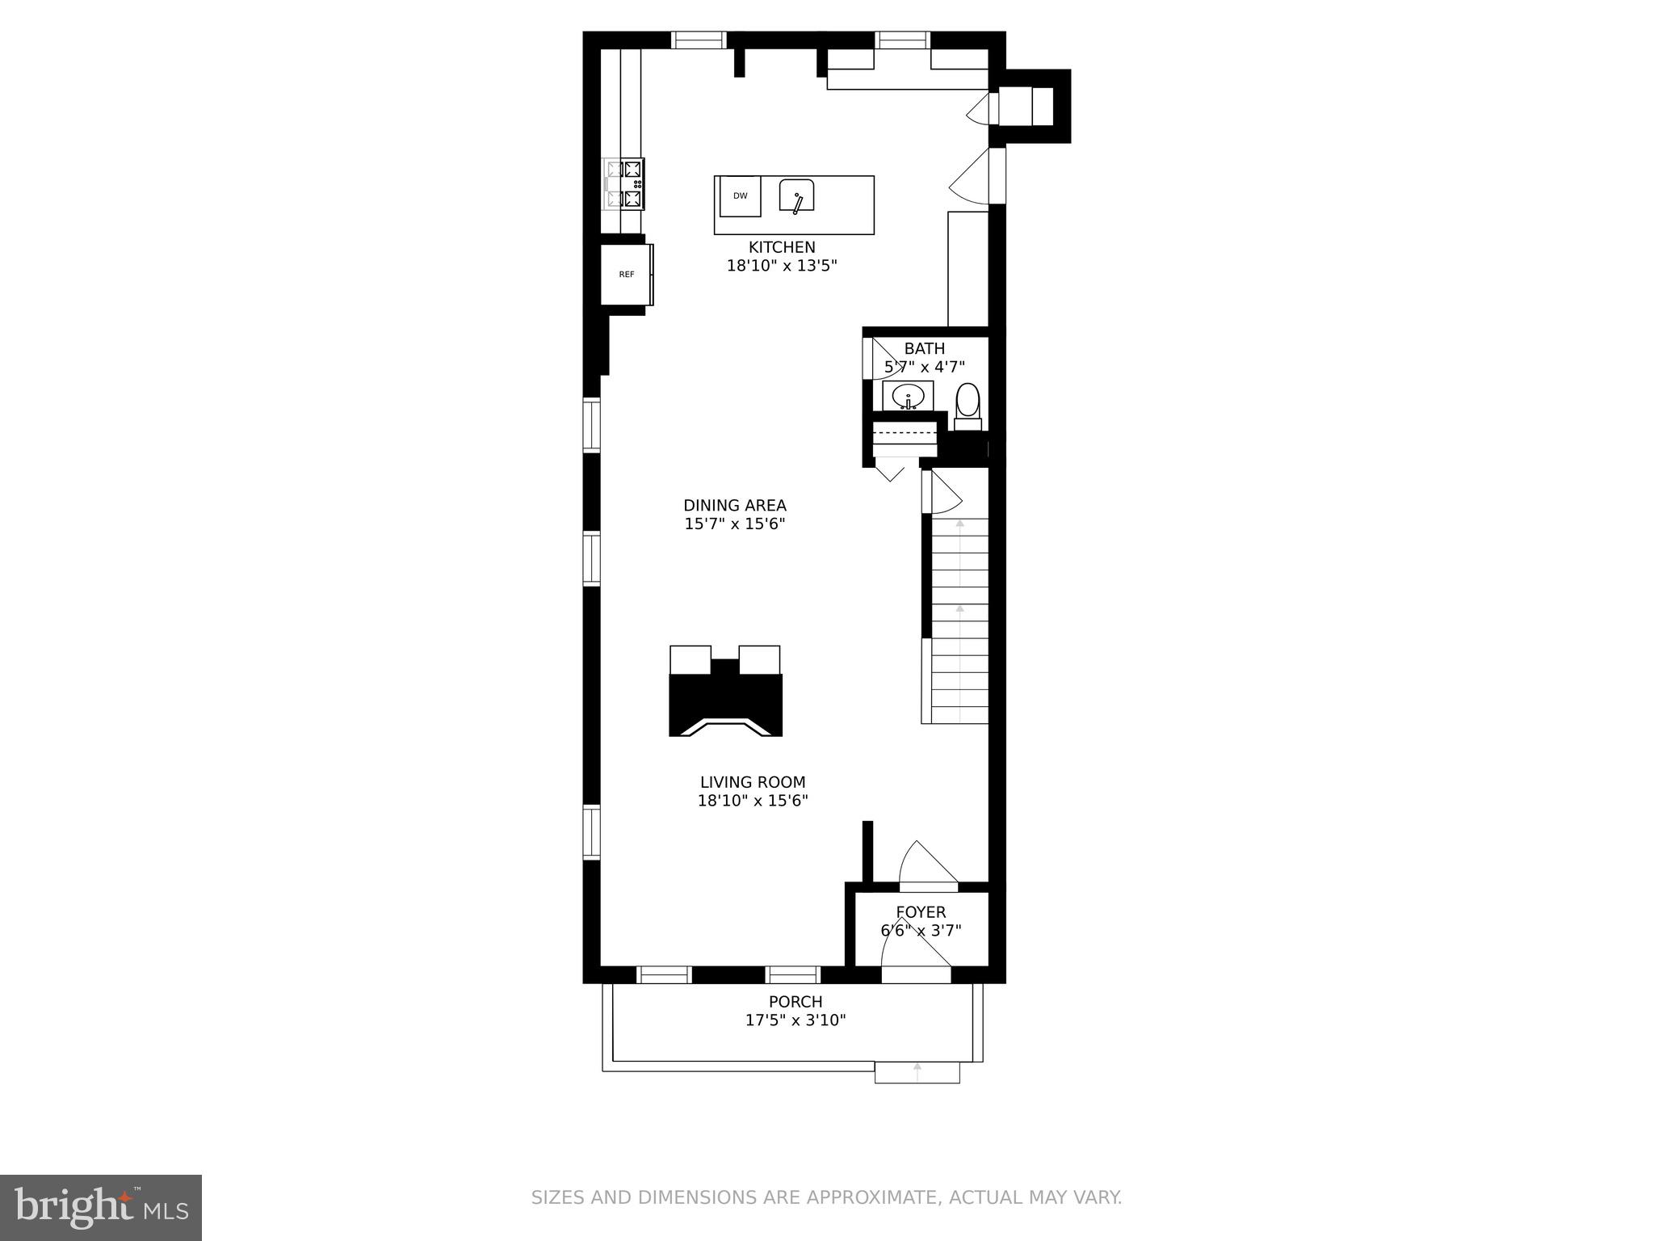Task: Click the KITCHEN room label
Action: point(781,247)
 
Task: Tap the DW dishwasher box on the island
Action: point(741,196)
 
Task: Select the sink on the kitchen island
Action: point(796,196)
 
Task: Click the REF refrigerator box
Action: point(627,275)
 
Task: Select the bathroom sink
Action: point(908,397)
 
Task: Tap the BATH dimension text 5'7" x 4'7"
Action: point(924,367)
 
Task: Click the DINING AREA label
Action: point(734,506)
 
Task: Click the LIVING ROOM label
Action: point(752,782)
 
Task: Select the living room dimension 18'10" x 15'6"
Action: point(752,801)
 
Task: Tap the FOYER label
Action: point(920,912)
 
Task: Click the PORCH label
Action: point(795,1002)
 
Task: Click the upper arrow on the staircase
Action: point(959,524)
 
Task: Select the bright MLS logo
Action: point(100,1207)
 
